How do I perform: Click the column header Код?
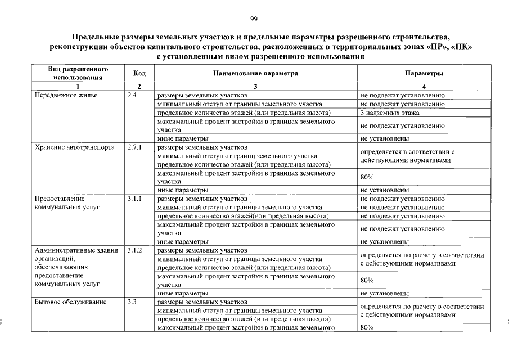pyautogui.click(x=140, y=74)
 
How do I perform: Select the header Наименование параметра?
pyautogui.click(x=255, y=74)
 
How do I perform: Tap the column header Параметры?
pyautogui.click(x=424, y=74)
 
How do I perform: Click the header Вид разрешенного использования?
pyautogui.click(x=78, y=73)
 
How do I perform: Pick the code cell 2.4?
pyautogui.click(x=133, y=96)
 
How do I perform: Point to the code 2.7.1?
pyautogui.click(x=135, y=147)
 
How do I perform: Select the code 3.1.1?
pyautogui.click(x=135, y=199)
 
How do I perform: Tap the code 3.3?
pyautogui.click(x=133, y=302)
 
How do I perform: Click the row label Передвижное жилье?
pyautogui.click(x=66, y=96)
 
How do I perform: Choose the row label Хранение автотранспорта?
pyautogui.click(x=75, y=147)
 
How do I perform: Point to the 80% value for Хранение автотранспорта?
pyautogui.click(x=367, y=177)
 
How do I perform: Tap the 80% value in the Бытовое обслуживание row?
pyautogui.click(x=367, y=328)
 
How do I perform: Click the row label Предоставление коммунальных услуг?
pyautogui.click(x=67, y=202)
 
